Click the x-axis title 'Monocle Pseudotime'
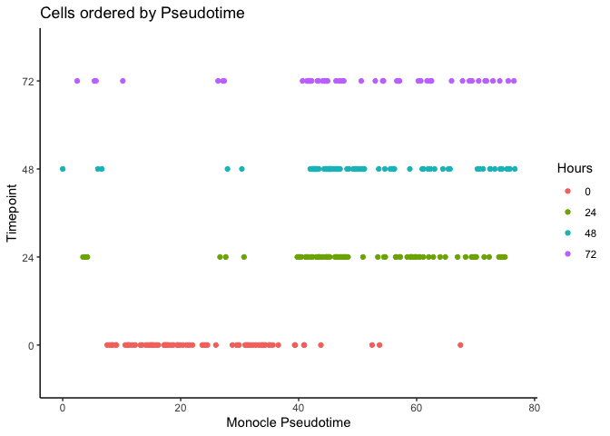coord(288,422)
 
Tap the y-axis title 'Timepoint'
coord(13,213)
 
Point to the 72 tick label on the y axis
coord(28,81)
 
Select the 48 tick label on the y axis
coord(28,169)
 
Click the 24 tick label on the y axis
coord(28,257)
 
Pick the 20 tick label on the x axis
coord(181,405)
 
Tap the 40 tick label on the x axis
coord(299,405)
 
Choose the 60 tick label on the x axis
coord(417,405)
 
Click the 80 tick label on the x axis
coord(535,405)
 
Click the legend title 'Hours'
coord(575,168)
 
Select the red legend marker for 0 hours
coord(566,191)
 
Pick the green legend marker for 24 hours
coord(566,212)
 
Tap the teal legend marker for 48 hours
coord(566,233)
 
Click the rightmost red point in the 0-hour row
coord(460,345)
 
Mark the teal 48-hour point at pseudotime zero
coord(63,169)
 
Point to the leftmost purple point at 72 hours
coord(77,81)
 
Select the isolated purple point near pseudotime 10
coord(123,81)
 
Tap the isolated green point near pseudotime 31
coord(243,257)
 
